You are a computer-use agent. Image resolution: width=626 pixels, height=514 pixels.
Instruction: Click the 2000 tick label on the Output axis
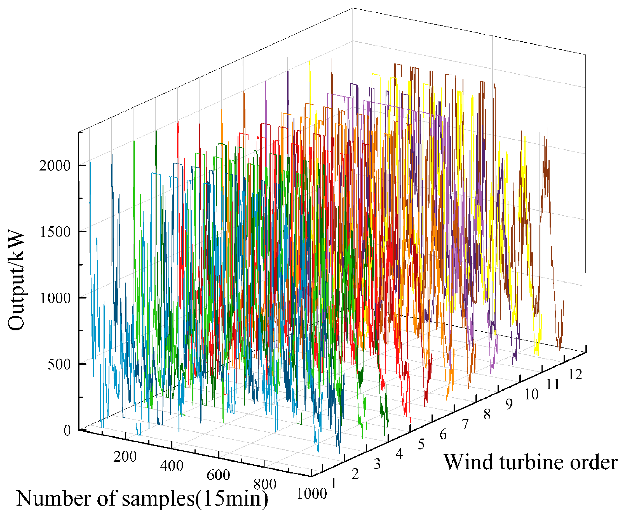click(x=55, y=165)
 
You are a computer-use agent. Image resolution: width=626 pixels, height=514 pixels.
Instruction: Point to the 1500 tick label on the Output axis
click(x=55, y=231)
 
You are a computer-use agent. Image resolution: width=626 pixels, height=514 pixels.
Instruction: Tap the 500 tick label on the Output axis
click(x=59, y=364)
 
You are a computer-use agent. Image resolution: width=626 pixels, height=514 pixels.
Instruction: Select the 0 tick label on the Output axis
click(x=67, y=430)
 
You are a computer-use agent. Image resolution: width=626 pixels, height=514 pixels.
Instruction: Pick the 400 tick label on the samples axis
click(x=172, y=466)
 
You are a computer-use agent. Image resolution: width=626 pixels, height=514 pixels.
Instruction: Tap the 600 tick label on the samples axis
click(x=218, y=475)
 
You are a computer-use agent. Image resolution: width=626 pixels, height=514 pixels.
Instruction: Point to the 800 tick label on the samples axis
click(x=265, y=484)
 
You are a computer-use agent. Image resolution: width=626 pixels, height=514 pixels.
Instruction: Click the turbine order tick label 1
click(x=334, y=484)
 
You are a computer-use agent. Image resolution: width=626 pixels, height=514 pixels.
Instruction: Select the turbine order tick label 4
click(x=399, y=454)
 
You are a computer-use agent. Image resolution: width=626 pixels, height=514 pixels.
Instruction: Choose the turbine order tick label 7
click(x=465, y=424)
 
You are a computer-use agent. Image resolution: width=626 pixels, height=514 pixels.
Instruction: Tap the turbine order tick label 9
click(x=509, y=404)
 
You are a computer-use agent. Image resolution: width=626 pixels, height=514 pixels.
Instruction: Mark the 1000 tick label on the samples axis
click(x=311, y=494)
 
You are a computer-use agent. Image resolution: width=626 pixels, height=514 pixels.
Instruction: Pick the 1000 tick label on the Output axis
click(x=55, y=298)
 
